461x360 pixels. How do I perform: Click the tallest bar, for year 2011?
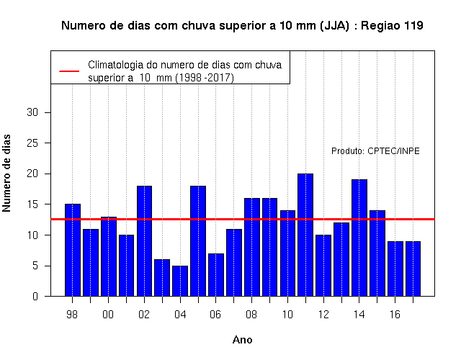(x=305, y=235)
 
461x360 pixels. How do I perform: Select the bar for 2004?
(x=180, y=281)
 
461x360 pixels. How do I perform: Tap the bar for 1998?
(x=73, y=250)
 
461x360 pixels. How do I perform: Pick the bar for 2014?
(x=359, y=238)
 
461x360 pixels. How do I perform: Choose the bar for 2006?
(x=216, y=275)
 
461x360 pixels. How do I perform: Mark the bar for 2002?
(x=144, y=241)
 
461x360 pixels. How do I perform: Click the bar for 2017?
(x=413, y=269)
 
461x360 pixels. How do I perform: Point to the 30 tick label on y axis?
(x=32, y=112)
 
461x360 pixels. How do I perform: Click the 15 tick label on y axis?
(x=32, y=204)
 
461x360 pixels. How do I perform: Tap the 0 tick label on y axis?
(x=35, y=296)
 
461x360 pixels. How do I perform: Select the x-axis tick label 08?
(x=251, y=315)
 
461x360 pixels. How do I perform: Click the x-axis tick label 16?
(x=395, y=315)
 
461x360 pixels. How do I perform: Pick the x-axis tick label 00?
(x=108, y=315)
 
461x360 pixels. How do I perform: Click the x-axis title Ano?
(x=242, y=340)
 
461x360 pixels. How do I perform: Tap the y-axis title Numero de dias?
(x=6, y=174)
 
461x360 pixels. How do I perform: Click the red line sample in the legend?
(x=69, y=71)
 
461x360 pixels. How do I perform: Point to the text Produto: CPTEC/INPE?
(x=375, y=151)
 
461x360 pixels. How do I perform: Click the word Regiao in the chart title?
(x=381, y=26)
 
